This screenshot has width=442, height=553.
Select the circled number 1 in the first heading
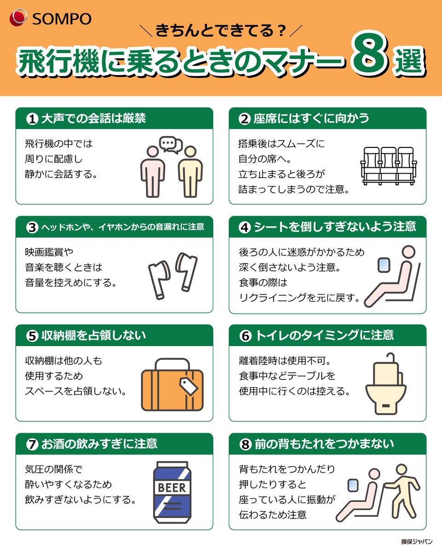point(31,119)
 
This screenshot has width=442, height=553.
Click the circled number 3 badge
point(31,227)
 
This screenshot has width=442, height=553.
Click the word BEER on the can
point(172,487)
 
